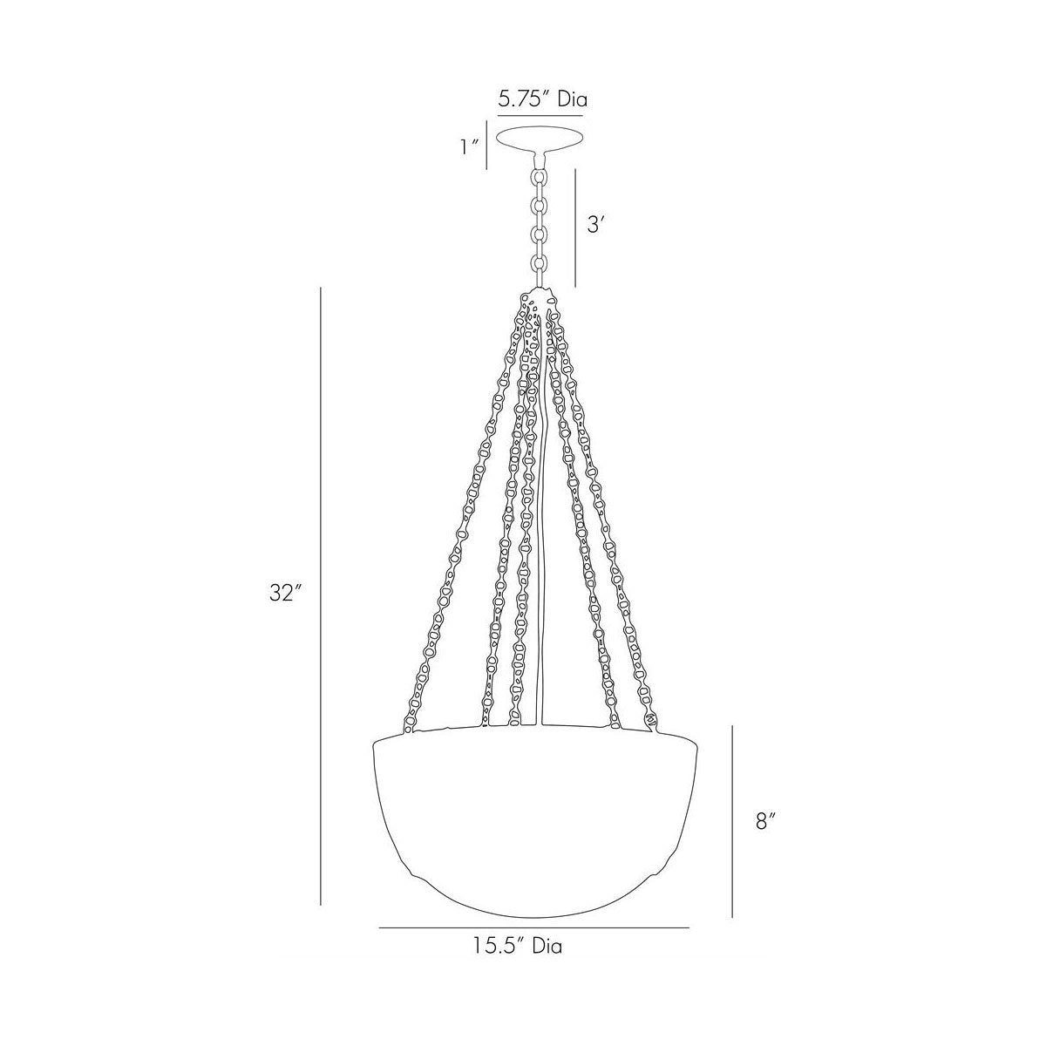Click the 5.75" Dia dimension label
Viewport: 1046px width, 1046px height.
tap(541, 98)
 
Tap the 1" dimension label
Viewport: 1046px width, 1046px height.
tap(471, 147)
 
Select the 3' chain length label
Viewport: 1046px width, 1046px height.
tap(596, 225)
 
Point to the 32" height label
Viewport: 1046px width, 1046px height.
tap(285, 594)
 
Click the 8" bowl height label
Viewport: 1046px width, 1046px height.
tap(765, 820)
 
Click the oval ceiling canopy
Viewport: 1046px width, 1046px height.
tap(540, 139)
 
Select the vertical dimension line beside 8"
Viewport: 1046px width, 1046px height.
tap(732, 820)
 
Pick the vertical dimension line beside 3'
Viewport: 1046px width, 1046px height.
tap(575, 228)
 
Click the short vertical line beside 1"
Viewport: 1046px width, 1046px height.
tap(487, 147)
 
